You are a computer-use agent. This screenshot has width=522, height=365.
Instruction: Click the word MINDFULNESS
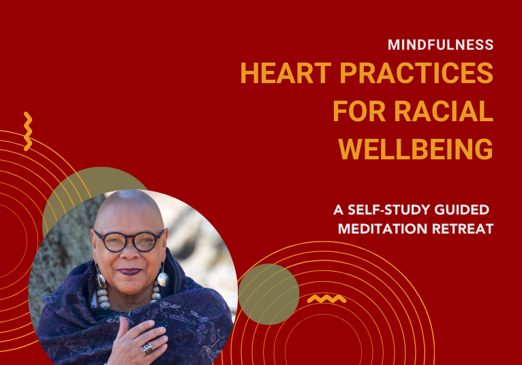coord(440,44)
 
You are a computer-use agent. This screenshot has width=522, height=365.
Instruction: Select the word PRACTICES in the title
coord(416,73)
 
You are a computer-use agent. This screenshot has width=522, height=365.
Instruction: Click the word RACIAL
coord(444,111)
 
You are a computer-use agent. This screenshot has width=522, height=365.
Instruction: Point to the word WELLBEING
coord(416,149)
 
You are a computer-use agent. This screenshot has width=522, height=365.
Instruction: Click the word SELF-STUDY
coord(389,210)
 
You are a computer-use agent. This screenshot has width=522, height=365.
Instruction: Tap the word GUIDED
coord(462,210)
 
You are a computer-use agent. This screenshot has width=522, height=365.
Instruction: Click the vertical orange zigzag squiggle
coord(28,131)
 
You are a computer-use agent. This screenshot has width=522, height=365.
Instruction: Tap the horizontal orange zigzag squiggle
coord(326,299)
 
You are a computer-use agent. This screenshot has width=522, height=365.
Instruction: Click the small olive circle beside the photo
coord(268,294)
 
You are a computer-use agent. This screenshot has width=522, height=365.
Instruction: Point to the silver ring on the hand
coord(147,348)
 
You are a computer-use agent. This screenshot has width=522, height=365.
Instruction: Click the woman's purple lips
coord(129,272)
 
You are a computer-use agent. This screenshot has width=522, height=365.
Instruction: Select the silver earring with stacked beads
coord(102,288)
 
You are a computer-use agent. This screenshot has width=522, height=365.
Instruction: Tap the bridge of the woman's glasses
coord(130,237)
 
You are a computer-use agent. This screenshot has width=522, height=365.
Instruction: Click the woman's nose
coord(129,253)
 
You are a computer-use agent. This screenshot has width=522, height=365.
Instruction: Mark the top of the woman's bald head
coord(129,191)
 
